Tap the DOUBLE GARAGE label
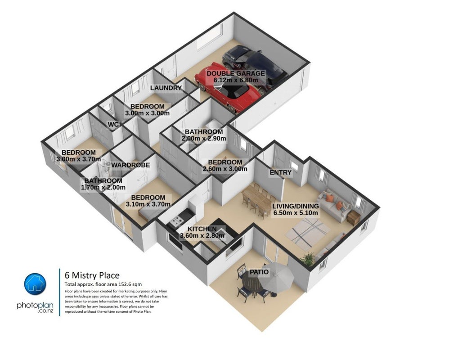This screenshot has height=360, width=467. coord(236,73)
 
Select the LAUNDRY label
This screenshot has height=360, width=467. coord(166,88)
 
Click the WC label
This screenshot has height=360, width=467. coord(113,125)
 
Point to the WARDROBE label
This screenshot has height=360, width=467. coord(130,165)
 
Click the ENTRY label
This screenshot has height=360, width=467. coord(281,172)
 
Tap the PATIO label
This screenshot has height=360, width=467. coord(259,272)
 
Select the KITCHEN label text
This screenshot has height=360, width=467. coord(202,229)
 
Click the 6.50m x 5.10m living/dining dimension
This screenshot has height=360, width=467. coord(296,213)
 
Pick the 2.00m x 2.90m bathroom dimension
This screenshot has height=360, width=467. coord(204,139)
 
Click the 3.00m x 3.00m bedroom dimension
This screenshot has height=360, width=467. coord(147,113)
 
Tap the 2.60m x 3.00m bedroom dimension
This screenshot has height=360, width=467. coord(225,169)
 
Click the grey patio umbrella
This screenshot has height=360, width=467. coord(275,277)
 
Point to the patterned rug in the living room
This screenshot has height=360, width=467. coord(308,233)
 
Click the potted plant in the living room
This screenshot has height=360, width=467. coord(308,259)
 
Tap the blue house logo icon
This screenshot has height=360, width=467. coord(35,284)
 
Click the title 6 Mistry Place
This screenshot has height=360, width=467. coord(92,275)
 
